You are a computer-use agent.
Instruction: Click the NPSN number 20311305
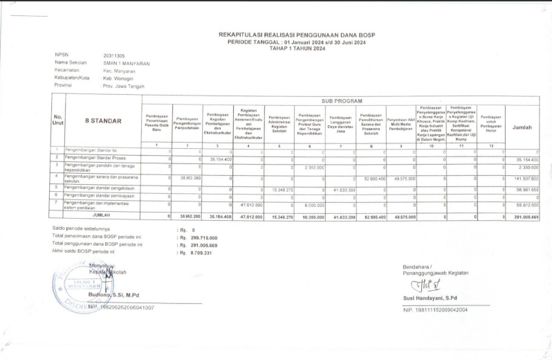(114, 55)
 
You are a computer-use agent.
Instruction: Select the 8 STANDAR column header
(102, 120)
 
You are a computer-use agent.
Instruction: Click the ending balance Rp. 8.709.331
(196, 253)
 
